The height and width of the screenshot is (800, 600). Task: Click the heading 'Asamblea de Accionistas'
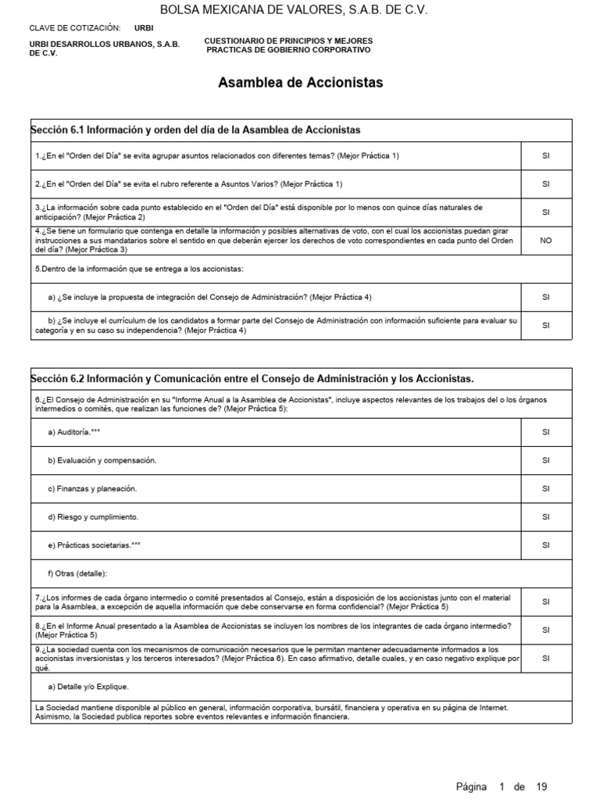300,83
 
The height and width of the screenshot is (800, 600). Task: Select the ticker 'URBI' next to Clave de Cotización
144,27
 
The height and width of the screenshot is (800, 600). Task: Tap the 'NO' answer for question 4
545,241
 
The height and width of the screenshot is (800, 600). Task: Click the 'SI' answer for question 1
545,155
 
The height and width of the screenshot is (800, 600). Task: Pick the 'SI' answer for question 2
545,184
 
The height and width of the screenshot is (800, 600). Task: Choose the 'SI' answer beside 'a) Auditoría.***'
545,432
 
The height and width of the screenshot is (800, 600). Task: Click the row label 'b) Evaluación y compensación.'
102,460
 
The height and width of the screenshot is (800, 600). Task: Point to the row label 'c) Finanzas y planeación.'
91,488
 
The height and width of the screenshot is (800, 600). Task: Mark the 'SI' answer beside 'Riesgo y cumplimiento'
545,517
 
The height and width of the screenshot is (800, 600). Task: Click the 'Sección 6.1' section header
195,129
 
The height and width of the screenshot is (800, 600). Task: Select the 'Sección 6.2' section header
252,379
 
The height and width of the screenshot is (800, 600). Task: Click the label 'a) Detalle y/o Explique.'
87,687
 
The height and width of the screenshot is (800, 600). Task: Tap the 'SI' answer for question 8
545,630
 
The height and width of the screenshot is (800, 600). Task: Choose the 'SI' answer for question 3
545,212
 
